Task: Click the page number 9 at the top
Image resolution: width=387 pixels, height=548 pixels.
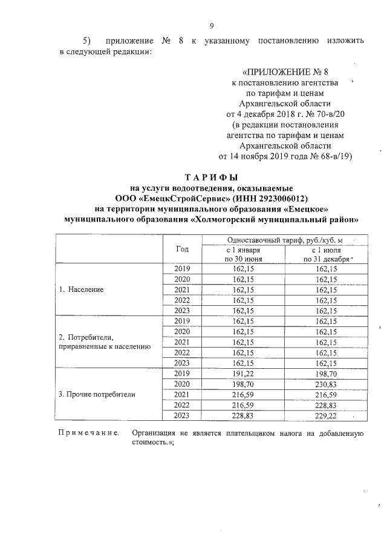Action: click(212, 25)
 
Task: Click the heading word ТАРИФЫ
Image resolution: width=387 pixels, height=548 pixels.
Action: click(212, 178)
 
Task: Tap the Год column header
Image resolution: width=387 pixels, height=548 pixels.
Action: click(182, 249)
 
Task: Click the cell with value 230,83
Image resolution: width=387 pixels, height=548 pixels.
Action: click(326, 384)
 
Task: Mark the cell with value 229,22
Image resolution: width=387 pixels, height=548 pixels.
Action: click(326, 415)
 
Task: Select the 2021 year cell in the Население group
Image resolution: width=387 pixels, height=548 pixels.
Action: click(182, 289)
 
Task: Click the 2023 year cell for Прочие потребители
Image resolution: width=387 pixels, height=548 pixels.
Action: click(182, 415)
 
